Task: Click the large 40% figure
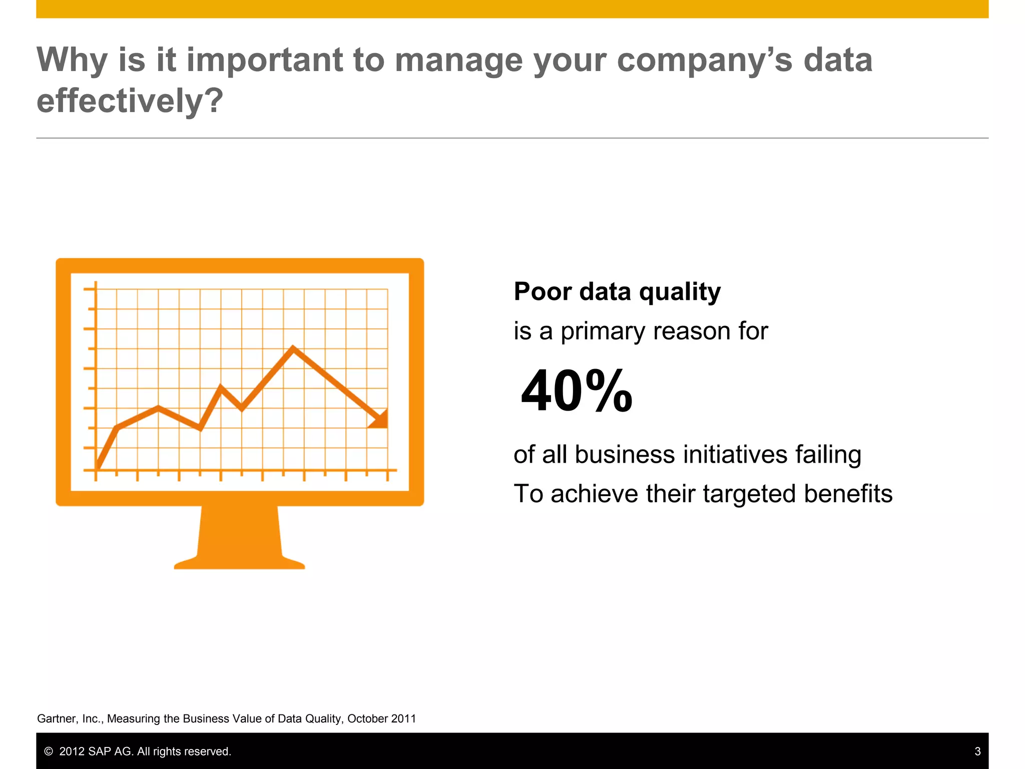tap(577, 391)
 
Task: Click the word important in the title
tap(264, 60)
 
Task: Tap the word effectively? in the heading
tap(130, 101)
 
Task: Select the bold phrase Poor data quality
tap(617, 291)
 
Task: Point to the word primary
tap(603, 331)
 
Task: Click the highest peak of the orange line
tap(293, 347)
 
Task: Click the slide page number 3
tap(977, 751)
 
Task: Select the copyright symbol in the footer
tap(49, 751)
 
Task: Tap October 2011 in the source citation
tap(381, 719)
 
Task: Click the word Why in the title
tap(72, 60)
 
